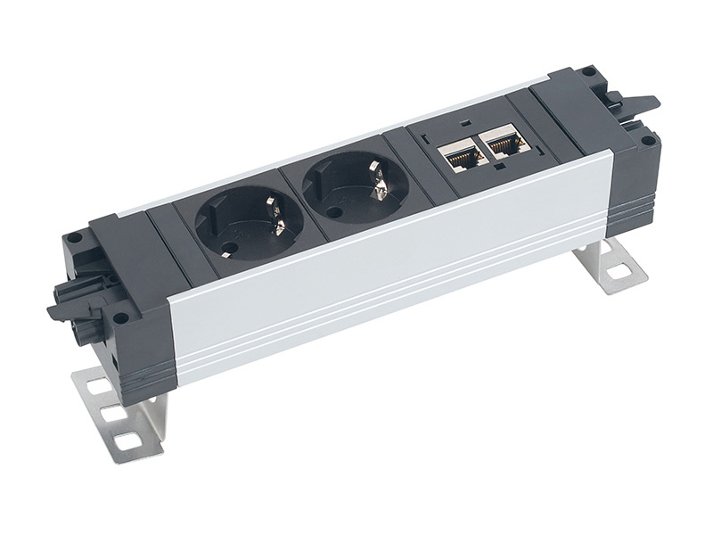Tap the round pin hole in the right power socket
tap(333, 212)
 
